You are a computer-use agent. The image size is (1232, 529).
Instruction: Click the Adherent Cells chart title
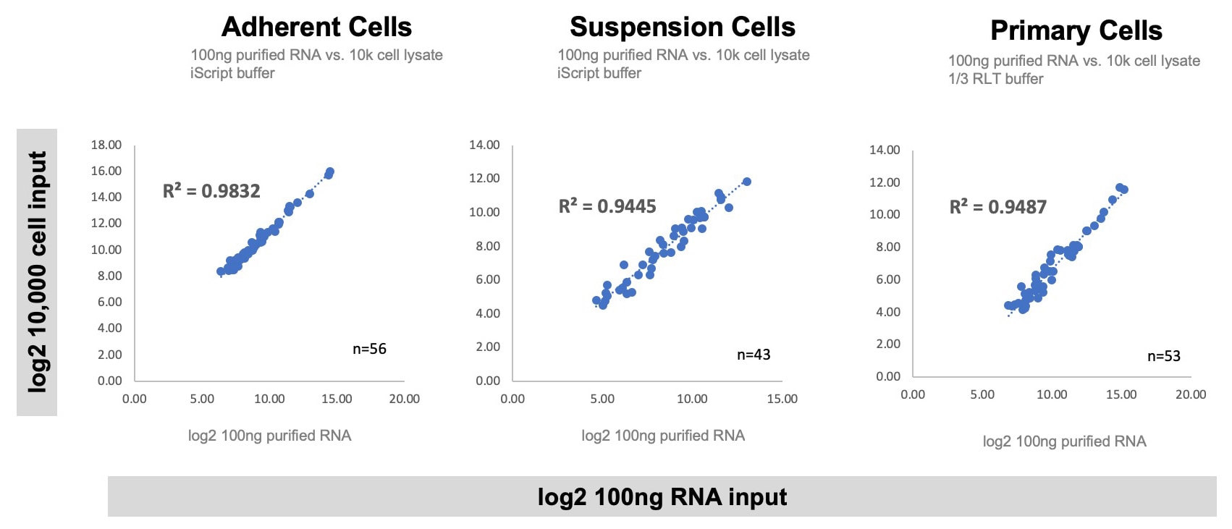coord(316,27)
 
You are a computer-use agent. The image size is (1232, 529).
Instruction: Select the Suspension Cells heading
coord(682,27)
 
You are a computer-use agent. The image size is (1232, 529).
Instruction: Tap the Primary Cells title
coord(1076,31)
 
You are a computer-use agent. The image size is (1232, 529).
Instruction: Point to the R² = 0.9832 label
coord(211,191)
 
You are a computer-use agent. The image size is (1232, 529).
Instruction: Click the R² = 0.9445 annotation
coord(607,207)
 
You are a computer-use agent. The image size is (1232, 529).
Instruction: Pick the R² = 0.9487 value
coord(997,207)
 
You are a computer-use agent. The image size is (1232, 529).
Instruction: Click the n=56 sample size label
coord(369,349)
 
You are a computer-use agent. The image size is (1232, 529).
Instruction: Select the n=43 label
coord(753,355)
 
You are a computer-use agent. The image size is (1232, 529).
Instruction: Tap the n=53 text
coord(1163,356)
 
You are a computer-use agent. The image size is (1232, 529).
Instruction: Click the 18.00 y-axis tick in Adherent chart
coord(106,145)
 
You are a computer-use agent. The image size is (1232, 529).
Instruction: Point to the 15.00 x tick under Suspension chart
coord(782,399)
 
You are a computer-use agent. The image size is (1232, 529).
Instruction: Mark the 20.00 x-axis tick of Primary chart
coord(1190,394)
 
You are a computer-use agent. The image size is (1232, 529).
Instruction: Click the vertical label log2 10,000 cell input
coord(37,272)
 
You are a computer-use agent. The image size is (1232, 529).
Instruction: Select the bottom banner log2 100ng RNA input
coord(662,497)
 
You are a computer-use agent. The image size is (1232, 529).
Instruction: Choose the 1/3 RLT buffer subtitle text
coord(995,79)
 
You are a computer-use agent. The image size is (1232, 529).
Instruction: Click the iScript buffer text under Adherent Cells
coord(232,73)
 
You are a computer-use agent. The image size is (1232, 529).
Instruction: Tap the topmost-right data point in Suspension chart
coord(746,182)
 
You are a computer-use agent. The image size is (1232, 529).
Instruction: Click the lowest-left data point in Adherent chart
coord(221,272)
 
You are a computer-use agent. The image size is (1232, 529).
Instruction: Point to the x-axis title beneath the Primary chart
coord(1064,441)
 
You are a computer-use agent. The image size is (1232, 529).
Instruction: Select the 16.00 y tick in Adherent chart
coord(106,171)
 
